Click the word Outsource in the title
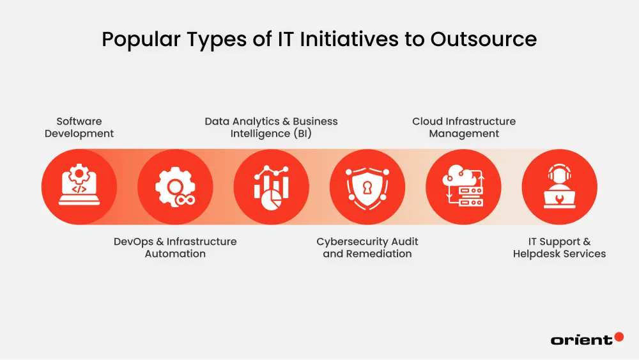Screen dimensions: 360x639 [483, 40]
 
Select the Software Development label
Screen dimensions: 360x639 [79, 127]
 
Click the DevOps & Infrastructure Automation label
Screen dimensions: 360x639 [175, 247]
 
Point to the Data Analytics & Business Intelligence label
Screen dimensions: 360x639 [271, 127]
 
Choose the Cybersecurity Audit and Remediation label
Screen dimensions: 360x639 [367, 247]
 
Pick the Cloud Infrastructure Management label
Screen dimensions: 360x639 [464, 127]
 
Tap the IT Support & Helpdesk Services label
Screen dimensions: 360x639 [559, 247]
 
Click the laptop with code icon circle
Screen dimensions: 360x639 [79, 187]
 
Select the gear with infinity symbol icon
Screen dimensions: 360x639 [175, 187]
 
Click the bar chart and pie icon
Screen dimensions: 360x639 [271, 187]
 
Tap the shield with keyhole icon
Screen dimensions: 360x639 [367, 187]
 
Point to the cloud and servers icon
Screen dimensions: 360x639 [464, 187]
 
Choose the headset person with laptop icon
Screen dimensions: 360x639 [559, 187]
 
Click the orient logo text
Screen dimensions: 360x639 [581, 340]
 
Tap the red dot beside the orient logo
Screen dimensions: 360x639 [618, 336]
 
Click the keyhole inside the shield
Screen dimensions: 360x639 [367, 186]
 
